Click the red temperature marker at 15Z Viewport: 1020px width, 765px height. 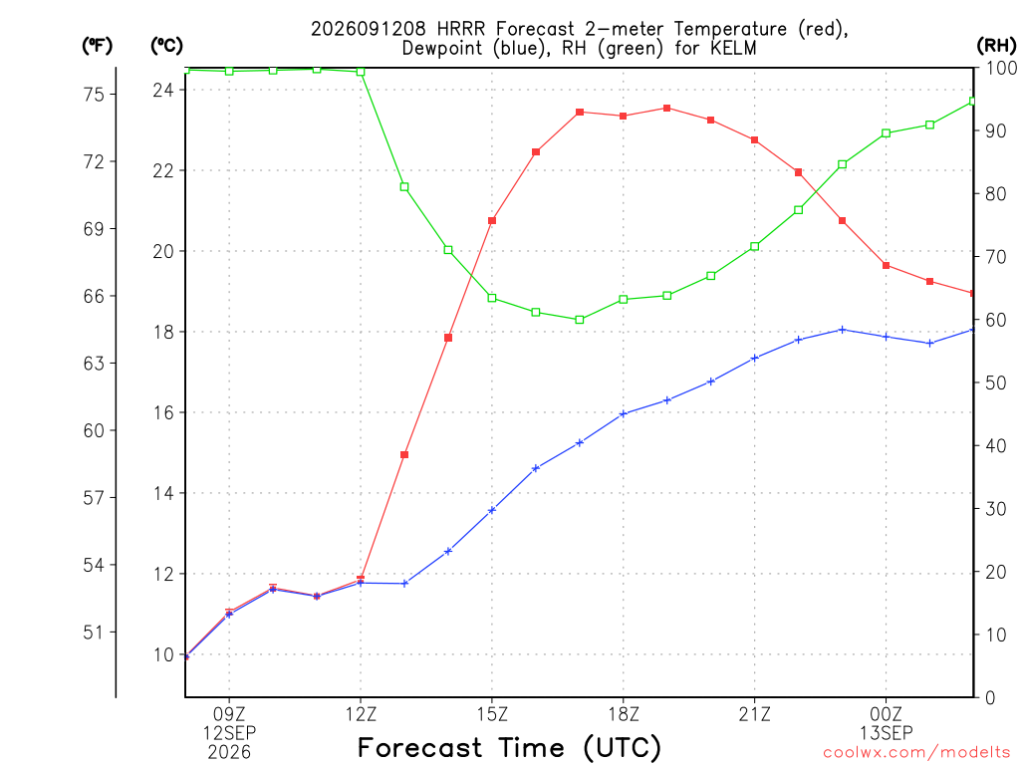(x=492, y=220)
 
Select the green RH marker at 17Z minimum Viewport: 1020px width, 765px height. (x=580, y=320)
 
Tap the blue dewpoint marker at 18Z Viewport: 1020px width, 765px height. (x=624, y=413)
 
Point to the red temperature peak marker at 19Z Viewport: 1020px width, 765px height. (x=666, y=108)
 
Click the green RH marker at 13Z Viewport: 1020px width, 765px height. (x=404, y=186)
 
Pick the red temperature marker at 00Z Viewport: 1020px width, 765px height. (x=886, y=265)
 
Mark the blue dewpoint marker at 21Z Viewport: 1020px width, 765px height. (x=755, y=358)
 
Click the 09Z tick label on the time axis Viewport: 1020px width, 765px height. (x=229, y=714)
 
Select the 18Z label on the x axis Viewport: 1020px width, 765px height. (x=624, y=714)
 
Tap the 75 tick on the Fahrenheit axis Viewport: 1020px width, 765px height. (x=94, y=95)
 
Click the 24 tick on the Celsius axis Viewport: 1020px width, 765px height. (x=164, y=90)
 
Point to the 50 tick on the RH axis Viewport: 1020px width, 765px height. (x=995, y=382)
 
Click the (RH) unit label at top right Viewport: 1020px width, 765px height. (x=996, y=45)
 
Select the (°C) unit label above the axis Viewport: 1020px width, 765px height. (x=166, y=46)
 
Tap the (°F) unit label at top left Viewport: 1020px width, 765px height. (x=97, y=46)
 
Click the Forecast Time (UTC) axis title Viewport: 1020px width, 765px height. (x=509, y=748)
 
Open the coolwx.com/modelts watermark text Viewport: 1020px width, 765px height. (x=916, y=753)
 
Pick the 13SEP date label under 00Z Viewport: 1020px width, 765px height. (x=886, y=733)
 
